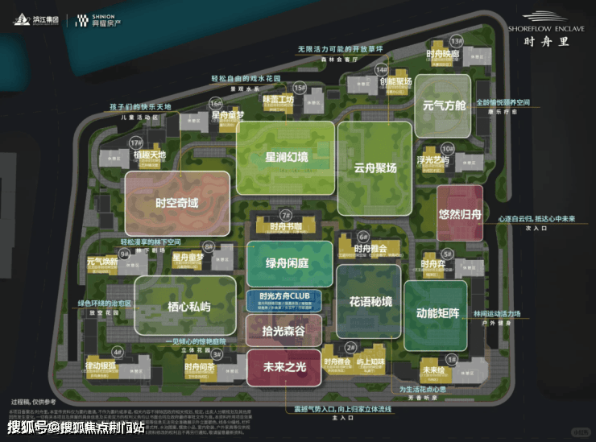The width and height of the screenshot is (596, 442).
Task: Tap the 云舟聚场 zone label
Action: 375,168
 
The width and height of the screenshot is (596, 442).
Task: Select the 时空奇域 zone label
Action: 176,202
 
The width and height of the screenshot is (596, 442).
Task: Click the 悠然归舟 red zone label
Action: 460,214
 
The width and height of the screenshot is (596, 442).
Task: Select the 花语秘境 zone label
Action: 370,302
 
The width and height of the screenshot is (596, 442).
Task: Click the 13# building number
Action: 457,40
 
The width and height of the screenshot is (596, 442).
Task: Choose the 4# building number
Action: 117,352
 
